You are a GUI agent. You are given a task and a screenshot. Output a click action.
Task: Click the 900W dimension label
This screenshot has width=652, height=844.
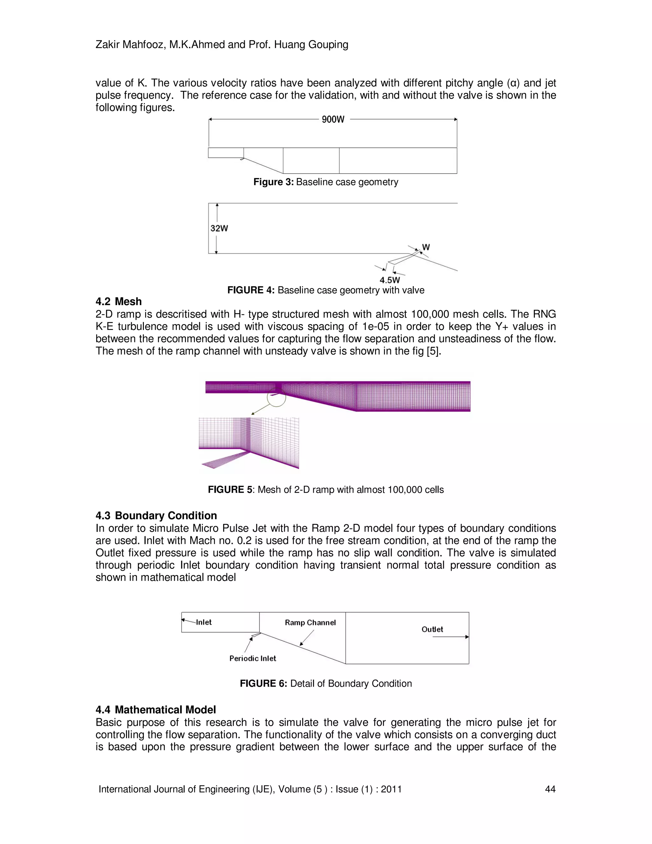point(333,119)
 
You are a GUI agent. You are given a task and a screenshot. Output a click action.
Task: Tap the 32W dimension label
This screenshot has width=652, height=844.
point(219,228)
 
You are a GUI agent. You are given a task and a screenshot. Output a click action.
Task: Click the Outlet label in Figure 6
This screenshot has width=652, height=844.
point(432,629)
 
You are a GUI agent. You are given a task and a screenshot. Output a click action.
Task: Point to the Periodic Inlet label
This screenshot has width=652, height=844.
point(252,658)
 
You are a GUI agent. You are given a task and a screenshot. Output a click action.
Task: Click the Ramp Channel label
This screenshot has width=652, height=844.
point(310,623)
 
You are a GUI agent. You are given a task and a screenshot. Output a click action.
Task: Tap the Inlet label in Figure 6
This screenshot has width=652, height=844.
point(203,622)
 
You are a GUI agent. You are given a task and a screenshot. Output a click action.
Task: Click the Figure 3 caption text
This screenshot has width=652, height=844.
point(326,182)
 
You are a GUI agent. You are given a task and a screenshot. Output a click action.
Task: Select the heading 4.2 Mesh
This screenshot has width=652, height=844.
point(118,301)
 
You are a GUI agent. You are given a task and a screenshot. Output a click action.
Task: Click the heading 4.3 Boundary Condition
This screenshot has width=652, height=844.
point(156,516)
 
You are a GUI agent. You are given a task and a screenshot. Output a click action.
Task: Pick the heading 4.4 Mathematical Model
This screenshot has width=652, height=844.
point(156,710)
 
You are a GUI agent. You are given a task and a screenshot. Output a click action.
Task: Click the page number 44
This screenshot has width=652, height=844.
point(550,789)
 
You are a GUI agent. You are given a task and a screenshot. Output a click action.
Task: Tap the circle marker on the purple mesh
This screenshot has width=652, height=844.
point(276,397)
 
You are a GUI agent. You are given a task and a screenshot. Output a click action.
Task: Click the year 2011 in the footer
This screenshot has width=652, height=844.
point(391,789)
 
